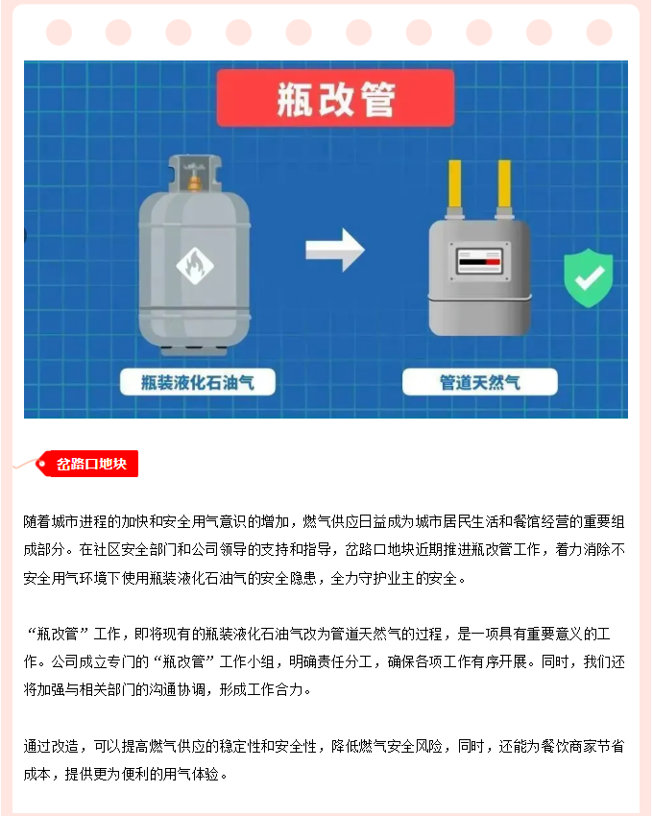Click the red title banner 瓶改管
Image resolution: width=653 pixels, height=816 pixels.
335,98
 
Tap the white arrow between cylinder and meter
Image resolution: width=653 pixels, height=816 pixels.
335,250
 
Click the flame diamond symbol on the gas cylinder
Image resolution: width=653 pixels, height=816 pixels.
195,266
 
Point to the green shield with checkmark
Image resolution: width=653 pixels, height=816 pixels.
589,277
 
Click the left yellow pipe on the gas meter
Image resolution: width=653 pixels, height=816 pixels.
454,184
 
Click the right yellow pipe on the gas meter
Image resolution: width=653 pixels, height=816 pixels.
504,184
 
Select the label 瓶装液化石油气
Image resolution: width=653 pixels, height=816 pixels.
198,382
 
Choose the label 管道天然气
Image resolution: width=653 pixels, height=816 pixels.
479,382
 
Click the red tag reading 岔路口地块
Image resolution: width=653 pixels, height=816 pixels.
87,463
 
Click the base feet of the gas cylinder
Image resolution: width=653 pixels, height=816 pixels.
194,350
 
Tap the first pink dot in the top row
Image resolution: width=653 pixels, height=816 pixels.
59,33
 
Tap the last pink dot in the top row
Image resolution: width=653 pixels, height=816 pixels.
599,33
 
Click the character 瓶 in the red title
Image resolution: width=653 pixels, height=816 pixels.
295,99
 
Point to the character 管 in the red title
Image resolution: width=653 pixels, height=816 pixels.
378,99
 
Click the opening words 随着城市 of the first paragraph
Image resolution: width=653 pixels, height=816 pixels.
51,521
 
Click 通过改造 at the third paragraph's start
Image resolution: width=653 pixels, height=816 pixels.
51,746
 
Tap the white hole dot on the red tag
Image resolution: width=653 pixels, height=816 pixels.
41,463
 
